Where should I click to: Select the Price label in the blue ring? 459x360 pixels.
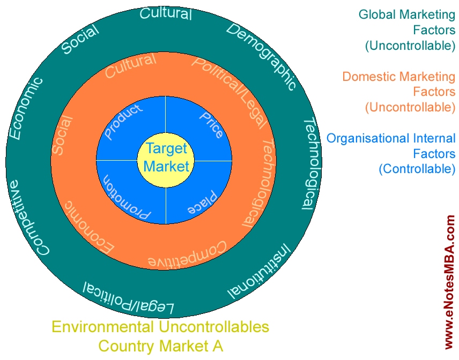(x=211, y=124)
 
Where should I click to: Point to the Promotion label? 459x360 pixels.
(x=127, y=198)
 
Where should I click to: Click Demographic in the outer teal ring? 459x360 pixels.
(x=261, y=56)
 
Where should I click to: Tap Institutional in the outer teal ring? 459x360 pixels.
(x=260, y=270)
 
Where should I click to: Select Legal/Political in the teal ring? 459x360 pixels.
(x=128, y=300)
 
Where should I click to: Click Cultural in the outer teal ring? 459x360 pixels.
(x=166, y=13)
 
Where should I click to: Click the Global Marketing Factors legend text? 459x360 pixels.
(x=407, y=30)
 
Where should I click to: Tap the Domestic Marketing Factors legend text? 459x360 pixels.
(x=399, y=92)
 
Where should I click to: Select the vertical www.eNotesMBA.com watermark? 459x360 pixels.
(x=449, y=281)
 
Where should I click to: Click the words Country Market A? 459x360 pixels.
(x=160, y=346)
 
